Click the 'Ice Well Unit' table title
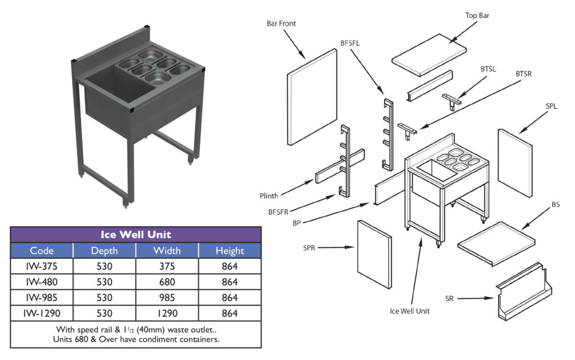pos(135,234)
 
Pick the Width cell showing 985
pos(167,297)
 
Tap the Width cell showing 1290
pos(167,313)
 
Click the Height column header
pos(229,250)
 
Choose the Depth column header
pos(104,250)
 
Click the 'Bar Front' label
pos(281,24)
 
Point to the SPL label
pos(551,106)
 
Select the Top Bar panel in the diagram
pos(428,55)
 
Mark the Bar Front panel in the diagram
pos(312,97)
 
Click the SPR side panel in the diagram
pos(375,253)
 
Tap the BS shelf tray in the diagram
pos(494,242)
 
